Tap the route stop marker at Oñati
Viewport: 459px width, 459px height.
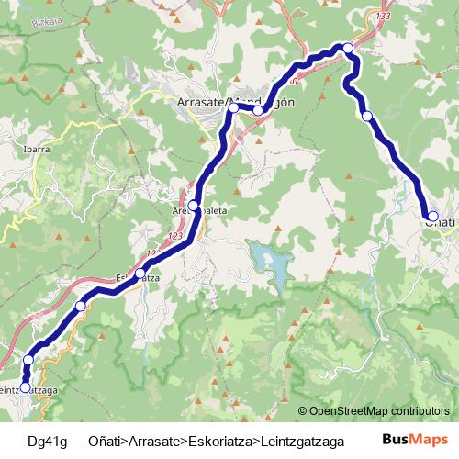coord(432,217)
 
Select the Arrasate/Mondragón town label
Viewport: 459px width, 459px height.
coord(235,102)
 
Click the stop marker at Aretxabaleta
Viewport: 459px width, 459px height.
coord(194,205)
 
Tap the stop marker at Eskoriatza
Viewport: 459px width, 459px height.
coord(140,273)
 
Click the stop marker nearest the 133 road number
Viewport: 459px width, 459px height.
coord(348,48)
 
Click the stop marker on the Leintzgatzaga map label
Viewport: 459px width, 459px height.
coord(26,387)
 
